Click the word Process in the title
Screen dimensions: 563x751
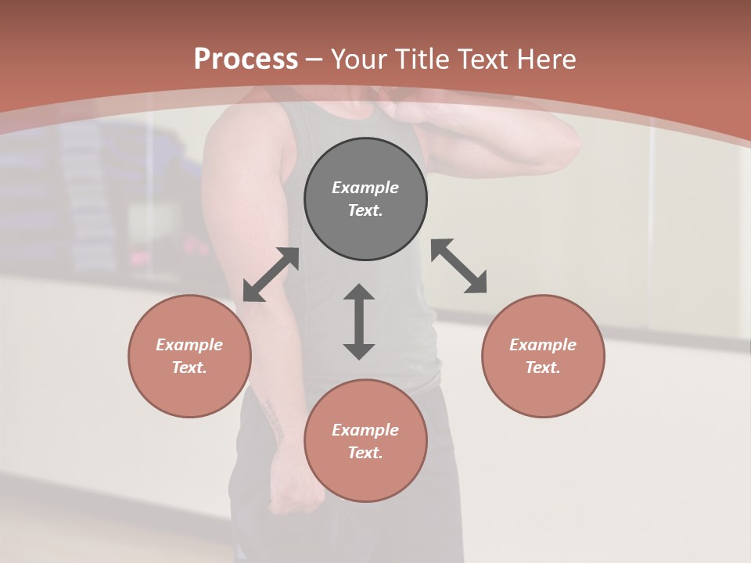pos(246,59)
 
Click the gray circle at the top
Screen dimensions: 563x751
pos(365,199)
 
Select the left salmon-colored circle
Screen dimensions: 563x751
pos(189,356)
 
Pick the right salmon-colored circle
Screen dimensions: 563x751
pos(543,356)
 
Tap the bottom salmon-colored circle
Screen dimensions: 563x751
pos(365,441)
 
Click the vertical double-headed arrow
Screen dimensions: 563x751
pos(359,321)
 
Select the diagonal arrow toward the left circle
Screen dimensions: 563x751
pos(271,274)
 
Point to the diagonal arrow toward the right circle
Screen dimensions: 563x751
pos(459,266)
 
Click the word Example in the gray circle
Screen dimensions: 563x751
pos(365,188)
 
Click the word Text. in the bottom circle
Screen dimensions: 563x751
pos(365,453)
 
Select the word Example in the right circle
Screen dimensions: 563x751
pos(543,345)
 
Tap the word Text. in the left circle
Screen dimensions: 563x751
pos(189,368)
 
